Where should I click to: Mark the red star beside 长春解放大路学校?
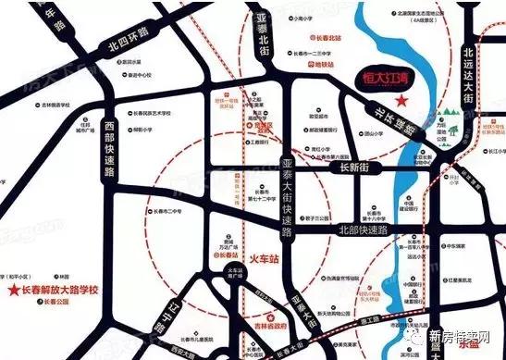point(12,291)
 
